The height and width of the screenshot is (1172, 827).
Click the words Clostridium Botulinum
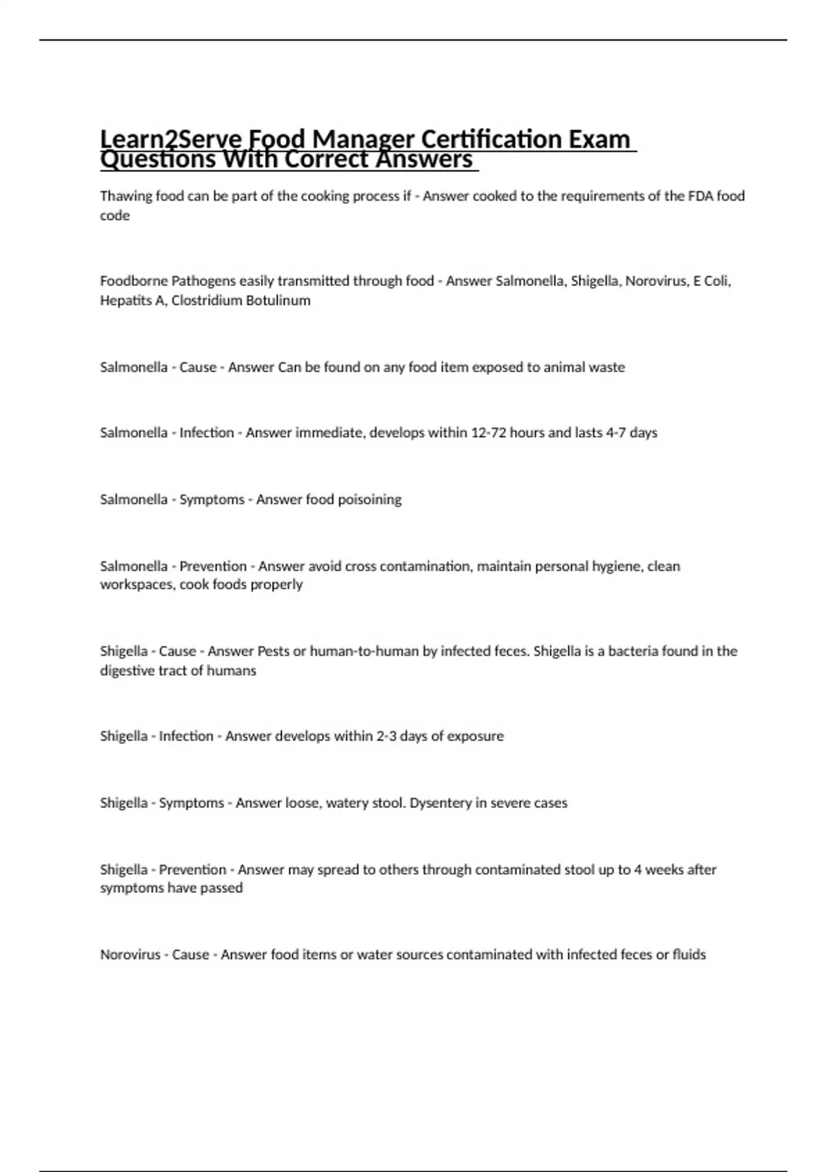pyautogui.click(x=241, y=301)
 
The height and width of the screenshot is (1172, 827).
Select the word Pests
pyautogui.click(x=274, y=651)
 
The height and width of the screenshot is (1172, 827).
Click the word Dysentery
pyautogui.click(x=440, y=803)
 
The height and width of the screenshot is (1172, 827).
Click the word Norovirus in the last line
pyautogui.click(x=130, y=955)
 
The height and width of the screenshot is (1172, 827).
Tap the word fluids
pyautogui.click(x=689, y=955)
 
